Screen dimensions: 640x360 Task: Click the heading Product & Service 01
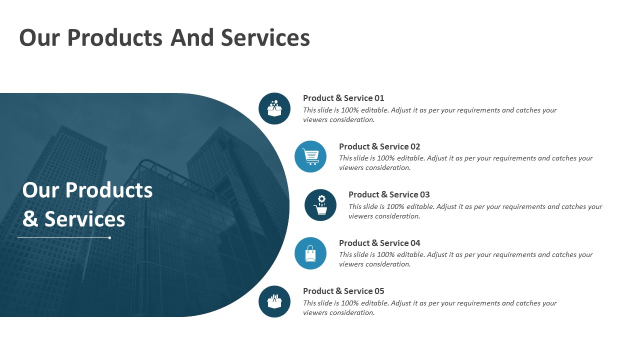[343, 98]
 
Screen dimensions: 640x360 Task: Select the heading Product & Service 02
[379, 146]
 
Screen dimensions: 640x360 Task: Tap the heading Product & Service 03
[389, 194]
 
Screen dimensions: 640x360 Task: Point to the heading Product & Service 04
[379, 243]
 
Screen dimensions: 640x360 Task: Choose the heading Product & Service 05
[343, 291]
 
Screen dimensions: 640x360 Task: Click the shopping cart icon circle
[310, 156]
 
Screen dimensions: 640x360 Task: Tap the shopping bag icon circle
[310, 253]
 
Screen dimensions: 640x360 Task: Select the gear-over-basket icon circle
[320, 205]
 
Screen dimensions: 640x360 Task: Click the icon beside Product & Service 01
[274, 108]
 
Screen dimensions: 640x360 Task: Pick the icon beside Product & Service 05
[274, 301]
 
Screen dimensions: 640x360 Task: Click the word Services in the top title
[265, 37]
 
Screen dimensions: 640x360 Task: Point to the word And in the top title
[192, 37]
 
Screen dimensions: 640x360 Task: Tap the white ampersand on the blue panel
[30, 219]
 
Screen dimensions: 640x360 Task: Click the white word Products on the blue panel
[109, 190]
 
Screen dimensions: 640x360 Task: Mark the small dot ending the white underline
[109, 237]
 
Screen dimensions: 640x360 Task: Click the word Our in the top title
[39, 37]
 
